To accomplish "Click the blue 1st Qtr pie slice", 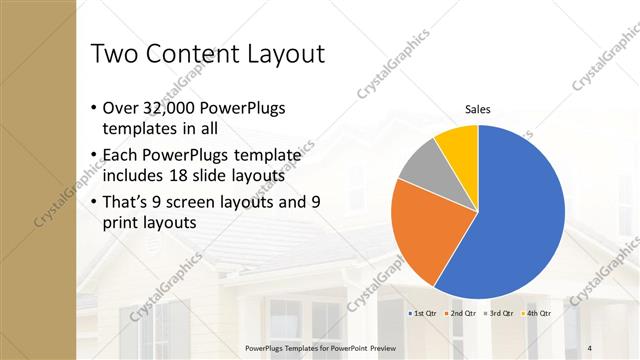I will (520, 220).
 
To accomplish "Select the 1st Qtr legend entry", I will (422, 313).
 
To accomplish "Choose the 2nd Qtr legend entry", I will (460, 313).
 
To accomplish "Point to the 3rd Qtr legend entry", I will (497, 313).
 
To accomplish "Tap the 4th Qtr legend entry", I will (535, 313).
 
